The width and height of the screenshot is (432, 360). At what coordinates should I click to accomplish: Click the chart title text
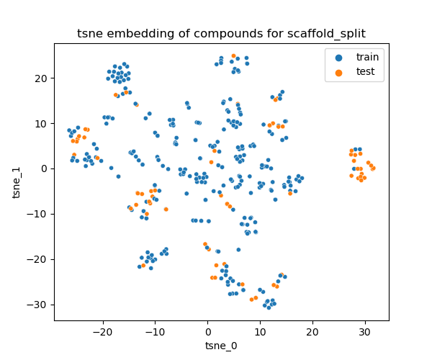click(221, 34)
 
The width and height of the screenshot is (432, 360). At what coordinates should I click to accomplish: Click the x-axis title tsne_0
click(221, 346)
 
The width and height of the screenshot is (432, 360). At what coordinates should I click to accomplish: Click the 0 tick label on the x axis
click(208, 332)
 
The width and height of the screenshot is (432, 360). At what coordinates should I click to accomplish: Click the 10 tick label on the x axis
click(260, 332)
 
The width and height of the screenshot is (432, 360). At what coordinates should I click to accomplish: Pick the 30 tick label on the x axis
click(364, 332)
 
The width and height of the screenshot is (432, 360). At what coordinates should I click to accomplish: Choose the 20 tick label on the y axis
click(42, 78)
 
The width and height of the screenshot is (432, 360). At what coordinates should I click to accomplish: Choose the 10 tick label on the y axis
click(42, 123)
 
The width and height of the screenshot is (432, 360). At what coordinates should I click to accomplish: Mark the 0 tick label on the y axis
click(45, 168)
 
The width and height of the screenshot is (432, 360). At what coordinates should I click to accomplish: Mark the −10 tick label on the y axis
click(40, 214)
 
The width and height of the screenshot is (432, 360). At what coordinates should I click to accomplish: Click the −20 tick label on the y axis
click(40, 259)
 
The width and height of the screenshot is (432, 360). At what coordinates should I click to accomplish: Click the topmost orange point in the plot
click(233, 55)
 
